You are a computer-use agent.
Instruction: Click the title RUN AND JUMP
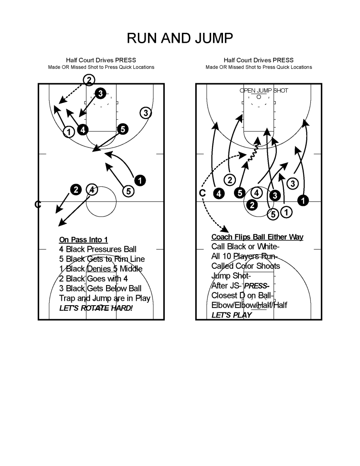coord(180,38)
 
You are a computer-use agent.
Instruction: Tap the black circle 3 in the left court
coord(101,93)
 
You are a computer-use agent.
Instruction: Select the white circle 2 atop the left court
coord(89,80)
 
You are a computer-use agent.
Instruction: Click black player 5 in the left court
coord(123,129)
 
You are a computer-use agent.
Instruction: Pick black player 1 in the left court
coord(140,180)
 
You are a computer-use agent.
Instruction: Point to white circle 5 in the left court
coord(128,191)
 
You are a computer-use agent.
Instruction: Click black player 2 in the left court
coord(76,189)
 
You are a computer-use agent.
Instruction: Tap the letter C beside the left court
coord(38,205)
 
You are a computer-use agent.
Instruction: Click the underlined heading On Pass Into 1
coord(83,240)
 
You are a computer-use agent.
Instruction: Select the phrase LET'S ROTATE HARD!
coord(96,308)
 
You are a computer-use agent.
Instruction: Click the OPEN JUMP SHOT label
coord(264,90)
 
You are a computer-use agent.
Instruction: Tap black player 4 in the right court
coord(219,194)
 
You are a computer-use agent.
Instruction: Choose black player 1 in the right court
coord(303,200)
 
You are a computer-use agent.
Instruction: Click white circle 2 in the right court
coord(229,179)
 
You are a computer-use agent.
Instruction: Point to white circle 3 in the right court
coord(293,184)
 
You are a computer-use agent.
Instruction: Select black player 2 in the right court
coord(252,205)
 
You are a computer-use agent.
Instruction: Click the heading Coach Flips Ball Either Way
coord(257,237)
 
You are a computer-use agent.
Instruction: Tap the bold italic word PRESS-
coord(257,286)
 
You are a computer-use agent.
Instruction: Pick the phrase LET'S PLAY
coord(232,315)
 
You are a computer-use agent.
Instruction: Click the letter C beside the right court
coord(202,193)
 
